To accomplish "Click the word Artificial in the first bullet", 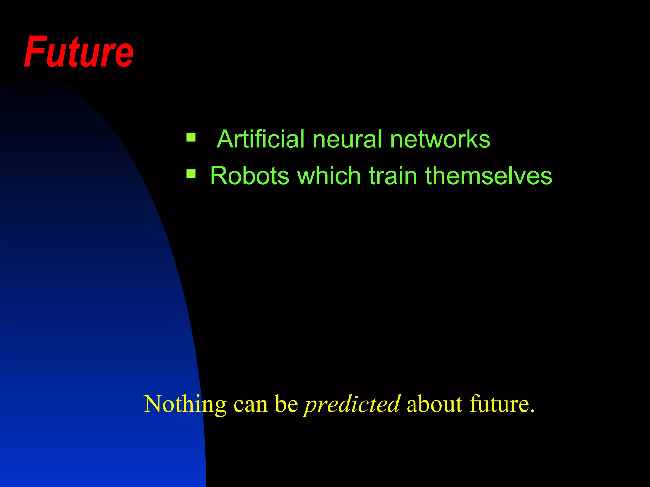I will pyautogui.click(x=260, y=139).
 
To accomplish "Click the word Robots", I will pyautogui.click(x=249, y=176).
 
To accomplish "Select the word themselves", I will pyautogui.click(x=488, y=176).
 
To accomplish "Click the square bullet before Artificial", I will pyautogui.click(x=191, y=137).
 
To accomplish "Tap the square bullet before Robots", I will pyautogui.click(x=191, y=174).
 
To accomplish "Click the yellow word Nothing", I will pyautogui.click(x=185, y=404).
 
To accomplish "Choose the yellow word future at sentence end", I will pyautogui.click(x=496, y=404).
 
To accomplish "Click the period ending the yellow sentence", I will pyautogui.click(x=531, y=412).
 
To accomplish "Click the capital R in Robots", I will pyautogui.click(x=219, y=176).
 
